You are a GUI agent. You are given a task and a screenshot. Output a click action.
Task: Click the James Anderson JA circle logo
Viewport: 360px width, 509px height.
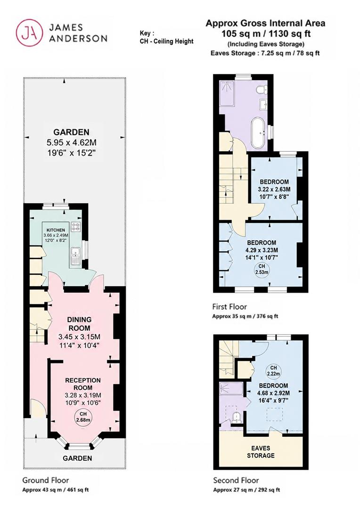(30, 33)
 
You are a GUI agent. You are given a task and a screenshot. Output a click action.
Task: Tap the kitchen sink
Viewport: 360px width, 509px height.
(75, 256)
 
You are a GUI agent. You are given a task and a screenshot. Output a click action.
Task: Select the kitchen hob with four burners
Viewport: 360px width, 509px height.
(76, 227)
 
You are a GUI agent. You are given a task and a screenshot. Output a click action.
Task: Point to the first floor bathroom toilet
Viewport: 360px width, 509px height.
(262, 89)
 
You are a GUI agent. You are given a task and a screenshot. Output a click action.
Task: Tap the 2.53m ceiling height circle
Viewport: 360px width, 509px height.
(262, 269)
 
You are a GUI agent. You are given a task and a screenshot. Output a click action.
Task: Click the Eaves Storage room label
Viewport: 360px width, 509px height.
(261, 452)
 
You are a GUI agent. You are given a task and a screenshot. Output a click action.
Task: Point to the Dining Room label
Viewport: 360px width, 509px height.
(79, 324)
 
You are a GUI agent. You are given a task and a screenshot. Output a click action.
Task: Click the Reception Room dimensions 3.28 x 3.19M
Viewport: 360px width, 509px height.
(83, 395)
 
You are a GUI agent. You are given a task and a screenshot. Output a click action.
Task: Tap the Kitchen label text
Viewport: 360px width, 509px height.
(56, 230)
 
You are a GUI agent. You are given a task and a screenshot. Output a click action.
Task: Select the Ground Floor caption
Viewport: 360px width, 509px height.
(45, 480)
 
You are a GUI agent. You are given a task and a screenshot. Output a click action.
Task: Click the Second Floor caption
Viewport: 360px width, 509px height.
(236, 480)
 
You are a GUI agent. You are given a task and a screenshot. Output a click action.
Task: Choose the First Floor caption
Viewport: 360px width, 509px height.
(229, 306)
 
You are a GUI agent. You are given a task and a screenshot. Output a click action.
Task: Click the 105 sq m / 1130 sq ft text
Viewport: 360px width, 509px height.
(266, 33)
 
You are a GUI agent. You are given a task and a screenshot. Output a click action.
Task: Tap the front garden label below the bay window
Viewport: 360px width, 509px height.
(77, 458)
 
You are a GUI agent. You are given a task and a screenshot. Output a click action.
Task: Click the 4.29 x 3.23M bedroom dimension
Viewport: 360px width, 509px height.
(262, 250)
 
